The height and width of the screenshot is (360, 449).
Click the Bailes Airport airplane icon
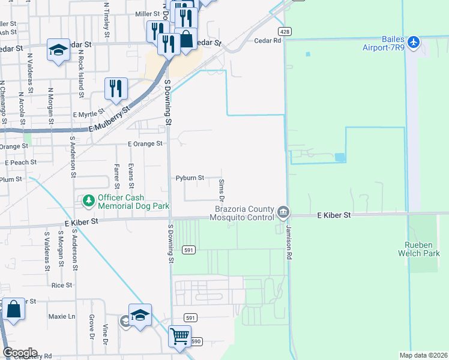point(414,43)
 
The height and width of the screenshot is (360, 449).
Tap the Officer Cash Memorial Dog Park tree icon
point(89,200)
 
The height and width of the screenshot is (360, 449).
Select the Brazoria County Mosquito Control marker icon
point(283,212)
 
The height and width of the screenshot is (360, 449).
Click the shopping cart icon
point(179,336)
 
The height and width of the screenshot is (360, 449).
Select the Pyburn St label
point(190,178)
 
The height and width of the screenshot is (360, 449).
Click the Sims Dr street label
point(221,190)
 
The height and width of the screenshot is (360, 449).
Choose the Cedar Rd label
point(268,41)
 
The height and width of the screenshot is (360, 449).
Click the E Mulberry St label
point(109,120)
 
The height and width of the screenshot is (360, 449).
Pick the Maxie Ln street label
point(62,316)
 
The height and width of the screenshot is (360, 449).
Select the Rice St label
point(62,285)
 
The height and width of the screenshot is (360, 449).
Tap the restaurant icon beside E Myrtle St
point(115,89)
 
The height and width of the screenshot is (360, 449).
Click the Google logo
point(20,353)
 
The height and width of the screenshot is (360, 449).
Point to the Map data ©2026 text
point(423,355)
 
